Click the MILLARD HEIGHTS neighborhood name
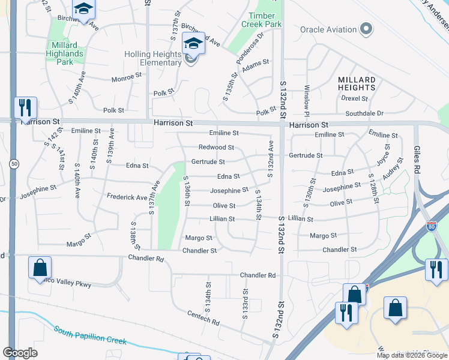click(x=357, y=83)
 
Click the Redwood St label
click(x=216, y=147)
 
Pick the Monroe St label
click(x=126, y=79)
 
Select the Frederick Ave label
click(x=127, y=197)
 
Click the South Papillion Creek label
click(x=90, y=335)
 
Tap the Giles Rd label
click(x=416, y=159)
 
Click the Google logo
click(x=20, y=353)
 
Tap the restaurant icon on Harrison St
click(x=25, y=108)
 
